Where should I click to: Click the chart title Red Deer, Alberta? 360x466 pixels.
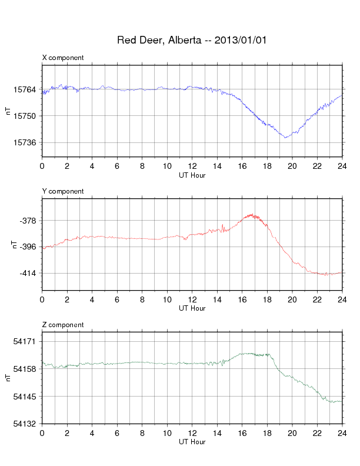coord(159,40)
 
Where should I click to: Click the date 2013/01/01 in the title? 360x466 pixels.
coord(241,40)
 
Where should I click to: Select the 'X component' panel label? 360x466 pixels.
coord(63,58)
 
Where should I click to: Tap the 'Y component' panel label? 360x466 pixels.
coord(63,191)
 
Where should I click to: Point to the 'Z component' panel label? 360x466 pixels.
coord(63,325)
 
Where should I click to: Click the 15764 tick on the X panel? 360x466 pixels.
coord(25,89)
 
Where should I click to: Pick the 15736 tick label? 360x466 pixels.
coord(25,142)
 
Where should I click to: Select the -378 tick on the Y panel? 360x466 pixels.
coord(28,221)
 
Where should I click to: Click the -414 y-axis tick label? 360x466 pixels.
coord(28,273)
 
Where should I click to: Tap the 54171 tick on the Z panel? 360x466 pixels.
coord(25,341)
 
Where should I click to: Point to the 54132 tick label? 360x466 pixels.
coord(25,424)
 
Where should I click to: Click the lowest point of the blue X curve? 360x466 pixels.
coord(285,138)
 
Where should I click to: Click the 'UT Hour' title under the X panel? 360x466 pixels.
coord(192,175)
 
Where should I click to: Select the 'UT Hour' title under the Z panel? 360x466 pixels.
coord(192,442)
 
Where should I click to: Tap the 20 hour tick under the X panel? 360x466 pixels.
coord(292,166)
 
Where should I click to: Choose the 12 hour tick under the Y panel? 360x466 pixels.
coord(192,299)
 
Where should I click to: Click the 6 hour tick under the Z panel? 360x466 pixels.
coord(117,433)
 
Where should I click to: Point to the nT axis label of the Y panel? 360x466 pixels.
coord(14,245)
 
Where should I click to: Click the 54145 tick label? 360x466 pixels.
coord(25,397)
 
